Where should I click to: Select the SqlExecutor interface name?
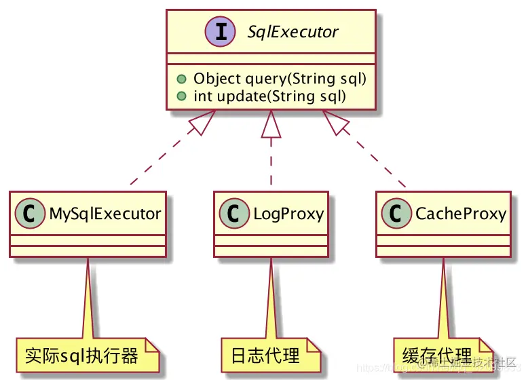pyautogui.click(x=293, y=32)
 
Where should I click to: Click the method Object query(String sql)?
pyautogui.click(x=280, y=79)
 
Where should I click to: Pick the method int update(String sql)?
pyautogui.click(x=269, y=96)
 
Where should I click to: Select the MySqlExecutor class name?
pyautogui.click(x=105, y=214)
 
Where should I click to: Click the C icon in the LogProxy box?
pyautogui.click(x=235, y=214)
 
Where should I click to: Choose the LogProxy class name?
pyautogui.click(x=288, y=214)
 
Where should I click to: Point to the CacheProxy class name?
pyautogui.click(x=460, y=214)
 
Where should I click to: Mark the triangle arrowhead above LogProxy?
pyautogui.click(x=271, y=122)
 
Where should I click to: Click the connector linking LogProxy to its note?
pyautogui.click(x=271, y=299)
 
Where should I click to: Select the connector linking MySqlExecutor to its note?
pyautogui.click(x=88, y=299)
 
